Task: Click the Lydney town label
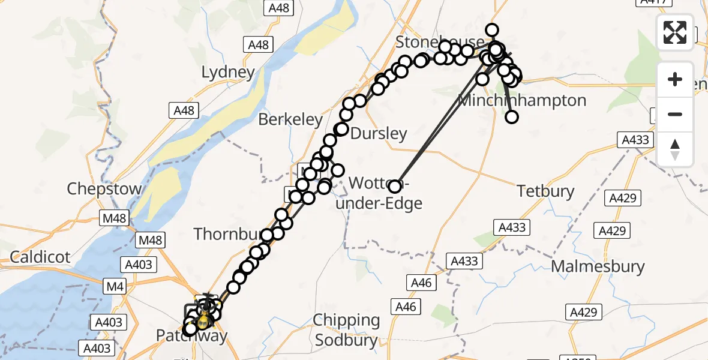228,73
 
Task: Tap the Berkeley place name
290,119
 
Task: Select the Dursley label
379,133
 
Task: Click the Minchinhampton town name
522,100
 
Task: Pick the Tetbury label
546,191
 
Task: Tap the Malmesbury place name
598,266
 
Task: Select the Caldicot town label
40,257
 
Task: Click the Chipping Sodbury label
347,331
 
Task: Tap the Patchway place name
192,336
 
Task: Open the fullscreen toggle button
675,32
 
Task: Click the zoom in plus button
675,79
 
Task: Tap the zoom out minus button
675,114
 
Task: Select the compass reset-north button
675,149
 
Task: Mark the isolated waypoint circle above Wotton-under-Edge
395,186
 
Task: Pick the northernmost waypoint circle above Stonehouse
492,30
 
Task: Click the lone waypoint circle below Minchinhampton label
512,117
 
